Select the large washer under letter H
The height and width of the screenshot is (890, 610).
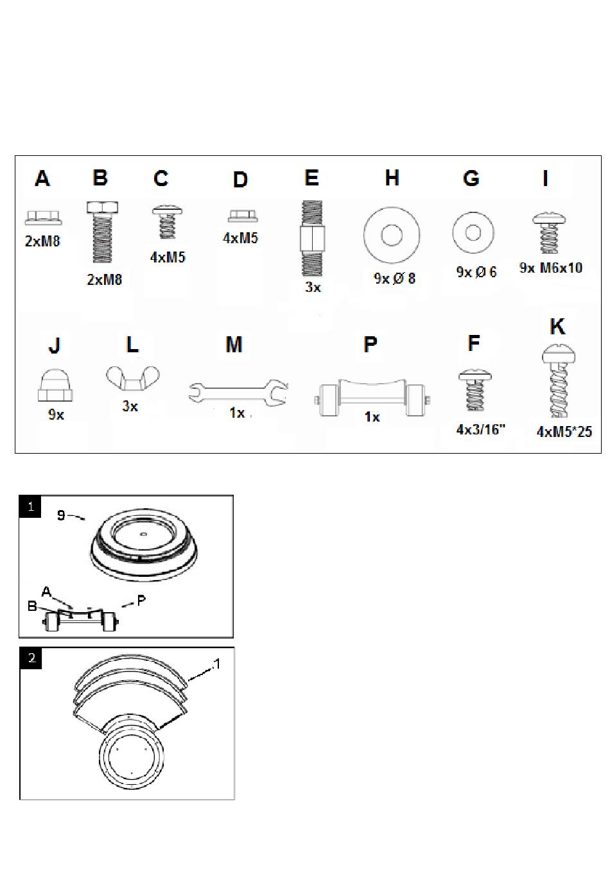pyautogui.click(x=392, y=235)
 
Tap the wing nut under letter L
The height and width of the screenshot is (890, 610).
pyautogui.click(x=132, y=380)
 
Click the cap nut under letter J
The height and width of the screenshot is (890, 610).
pyautogui.click(x=55, y=388)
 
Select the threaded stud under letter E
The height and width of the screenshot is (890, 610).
pyautogui.click(x=312, y=238)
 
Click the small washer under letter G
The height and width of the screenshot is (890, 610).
pyautogui.click(x=473, y=232)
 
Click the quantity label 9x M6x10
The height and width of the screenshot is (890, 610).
pyautogui.click(x=550, y=268)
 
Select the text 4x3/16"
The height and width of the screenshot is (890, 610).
pyautogui.click(x=480, y=429)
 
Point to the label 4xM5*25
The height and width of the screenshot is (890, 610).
pyautogui.click(x=564, y=431)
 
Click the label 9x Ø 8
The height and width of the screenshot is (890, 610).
pyautogui.click(x=394, y=278)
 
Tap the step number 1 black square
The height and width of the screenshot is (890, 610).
pyautogui.click(x=31, y=506)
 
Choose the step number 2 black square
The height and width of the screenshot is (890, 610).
pyautogui.click(x=31, y=658)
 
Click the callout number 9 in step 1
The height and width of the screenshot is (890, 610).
pyautogui.click(x=61, y=515)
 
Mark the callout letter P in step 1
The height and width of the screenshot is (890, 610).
pyautogui.click(x=141, y=600)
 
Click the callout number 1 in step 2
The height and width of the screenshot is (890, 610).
pyautogui.click(x=216, y=664)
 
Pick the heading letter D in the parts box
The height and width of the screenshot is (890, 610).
pyautogui.click(x=240, y=180)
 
